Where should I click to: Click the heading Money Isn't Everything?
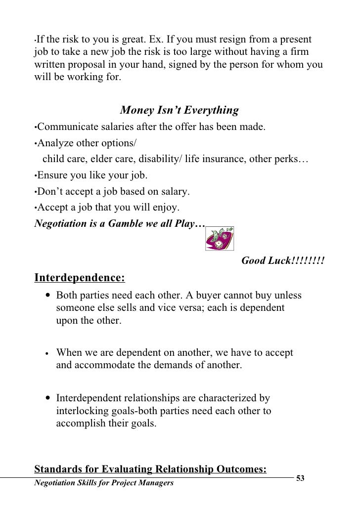coord(180,110)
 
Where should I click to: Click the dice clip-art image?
coord(219,239)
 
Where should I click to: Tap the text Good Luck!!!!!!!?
coord(282,260)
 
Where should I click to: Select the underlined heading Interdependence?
coord(79,278)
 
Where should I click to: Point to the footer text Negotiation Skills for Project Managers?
coord(103,483)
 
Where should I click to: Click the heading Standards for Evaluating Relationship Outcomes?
coord(150,469)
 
